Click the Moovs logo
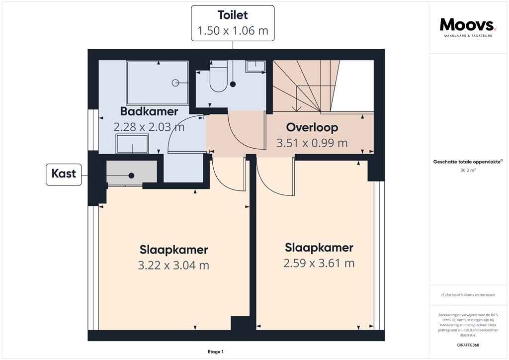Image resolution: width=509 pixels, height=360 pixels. point(468,25)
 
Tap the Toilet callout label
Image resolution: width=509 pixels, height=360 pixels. point(233,23)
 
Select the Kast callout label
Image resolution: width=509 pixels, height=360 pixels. point(64,174)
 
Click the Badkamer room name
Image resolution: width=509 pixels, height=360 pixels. point(149,112)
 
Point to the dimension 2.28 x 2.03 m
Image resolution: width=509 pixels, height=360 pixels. point(149,127)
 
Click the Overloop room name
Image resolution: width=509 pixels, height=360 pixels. point(312,128)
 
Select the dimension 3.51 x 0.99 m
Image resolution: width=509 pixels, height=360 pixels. point(312,143)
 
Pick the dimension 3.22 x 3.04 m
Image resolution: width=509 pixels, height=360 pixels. point(173,265)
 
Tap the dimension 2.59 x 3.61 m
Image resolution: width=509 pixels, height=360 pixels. point(319,263)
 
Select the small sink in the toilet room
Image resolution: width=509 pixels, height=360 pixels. point(255,66)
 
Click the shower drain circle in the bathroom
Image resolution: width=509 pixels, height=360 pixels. point(175,83)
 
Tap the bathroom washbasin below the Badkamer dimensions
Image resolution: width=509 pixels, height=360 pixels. point(132,145)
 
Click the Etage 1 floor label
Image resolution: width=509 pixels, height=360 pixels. point(216,352)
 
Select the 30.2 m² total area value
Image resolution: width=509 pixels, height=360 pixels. point(468,171)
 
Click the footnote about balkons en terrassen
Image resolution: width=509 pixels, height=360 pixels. point(468,295)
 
